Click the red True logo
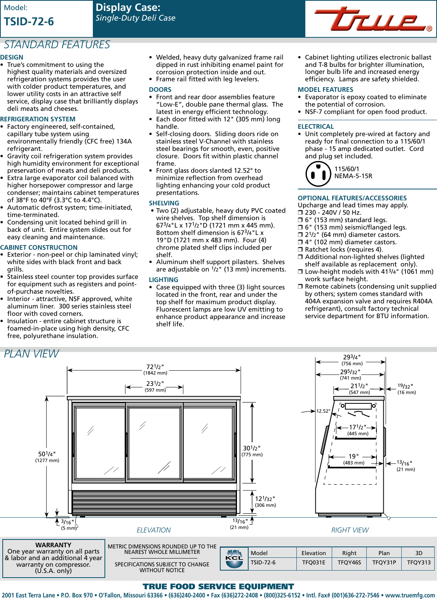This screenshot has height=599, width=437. (371, 19)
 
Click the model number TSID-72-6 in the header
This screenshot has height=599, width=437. (29, 22)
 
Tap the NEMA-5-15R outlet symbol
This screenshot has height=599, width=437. (318, 174)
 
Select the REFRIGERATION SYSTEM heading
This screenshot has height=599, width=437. (38, 119)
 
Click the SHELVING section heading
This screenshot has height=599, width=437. (164, 203)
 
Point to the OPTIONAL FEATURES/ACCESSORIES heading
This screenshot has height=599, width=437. (352, 198)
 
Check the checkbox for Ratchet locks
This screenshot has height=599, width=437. (300, 250)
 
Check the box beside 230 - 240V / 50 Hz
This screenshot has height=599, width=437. (300, 213)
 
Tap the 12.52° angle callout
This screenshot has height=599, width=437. (323, 411)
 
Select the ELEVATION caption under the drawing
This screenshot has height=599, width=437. (153, 530)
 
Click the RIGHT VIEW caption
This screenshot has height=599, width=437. (350, 530)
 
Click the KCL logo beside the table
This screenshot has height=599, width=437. (234, 559)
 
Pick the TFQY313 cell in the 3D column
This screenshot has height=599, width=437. (419, 562)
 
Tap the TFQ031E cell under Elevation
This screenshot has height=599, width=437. (313, 562)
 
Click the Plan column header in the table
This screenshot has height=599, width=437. (384, 553)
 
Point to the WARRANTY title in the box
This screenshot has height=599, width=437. (53, 545)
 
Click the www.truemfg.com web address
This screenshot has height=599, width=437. (410, 595)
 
